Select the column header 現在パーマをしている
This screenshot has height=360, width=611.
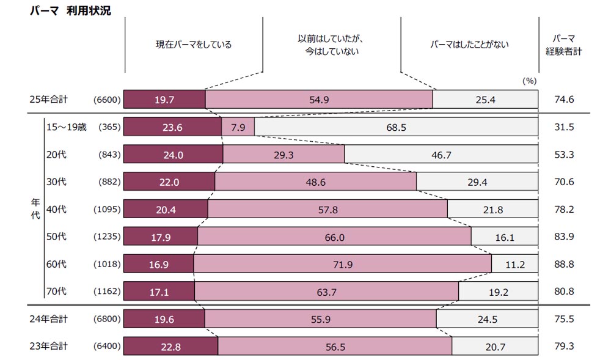pyautogui.click(x=194, y=45)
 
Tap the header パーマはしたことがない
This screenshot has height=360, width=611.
pyautogui.click(x=469, y=45)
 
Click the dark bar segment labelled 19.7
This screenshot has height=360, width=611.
pyautogui.click(x=164, y=99)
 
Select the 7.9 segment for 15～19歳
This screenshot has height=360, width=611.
pyautogui.click(x=238, y=127)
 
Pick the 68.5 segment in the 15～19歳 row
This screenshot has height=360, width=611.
pyautogui.click(x=396, y=127)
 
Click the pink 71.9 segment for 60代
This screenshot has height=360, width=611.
pyautogui.click(x=342, y=265)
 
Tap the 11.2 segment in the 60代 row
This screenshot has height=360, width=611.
pyautogui.click(x=515, y=265)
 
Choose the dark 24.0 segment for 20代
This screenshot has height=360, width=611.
pyautogui.click(x=173, y=155)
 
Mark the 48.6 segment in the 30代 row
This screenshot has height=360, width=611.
pyautogui.click(x=315, y=182)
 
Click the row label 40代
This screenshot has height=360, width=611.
pyautogui.click(x=57, y=209)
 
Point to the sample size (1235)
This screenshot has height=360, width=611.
pyautogui.click(x=108, y=237)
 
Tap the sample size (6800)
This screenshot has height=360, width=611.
pyautogui.click(x=108, y=318)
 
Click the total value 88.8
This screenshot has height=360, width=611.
pyautogui.click(x=563, y=265)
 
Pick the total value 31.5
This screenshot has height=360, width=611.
pyautogui.click(x=563, y=127)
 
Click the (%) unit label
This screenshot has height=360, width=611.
pyautogui.click(x=529, y=80)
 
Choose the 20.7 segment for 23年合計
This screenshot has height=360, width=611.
pyautogui.click(x=495, y=346)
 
